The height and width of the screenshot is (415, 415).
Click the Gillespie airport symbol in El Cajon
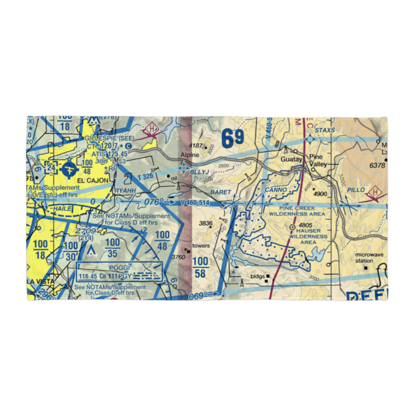(68, 169)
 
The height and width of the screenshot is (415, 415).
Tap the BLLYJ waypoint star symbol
(184, 168)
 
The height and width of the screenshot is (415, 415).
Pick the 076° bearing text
(154, 202)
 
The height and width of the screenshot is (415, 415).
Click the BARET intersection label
(220, 192)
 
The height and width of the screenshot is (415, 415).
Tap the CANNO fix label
(276, 190)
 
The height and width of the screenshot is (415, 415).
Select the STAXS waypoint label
(325, 130)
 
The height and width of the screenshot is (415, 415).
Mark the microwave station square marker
(366, 268)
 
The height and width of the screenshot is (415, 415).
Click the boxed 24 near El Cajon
(51, 168)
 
